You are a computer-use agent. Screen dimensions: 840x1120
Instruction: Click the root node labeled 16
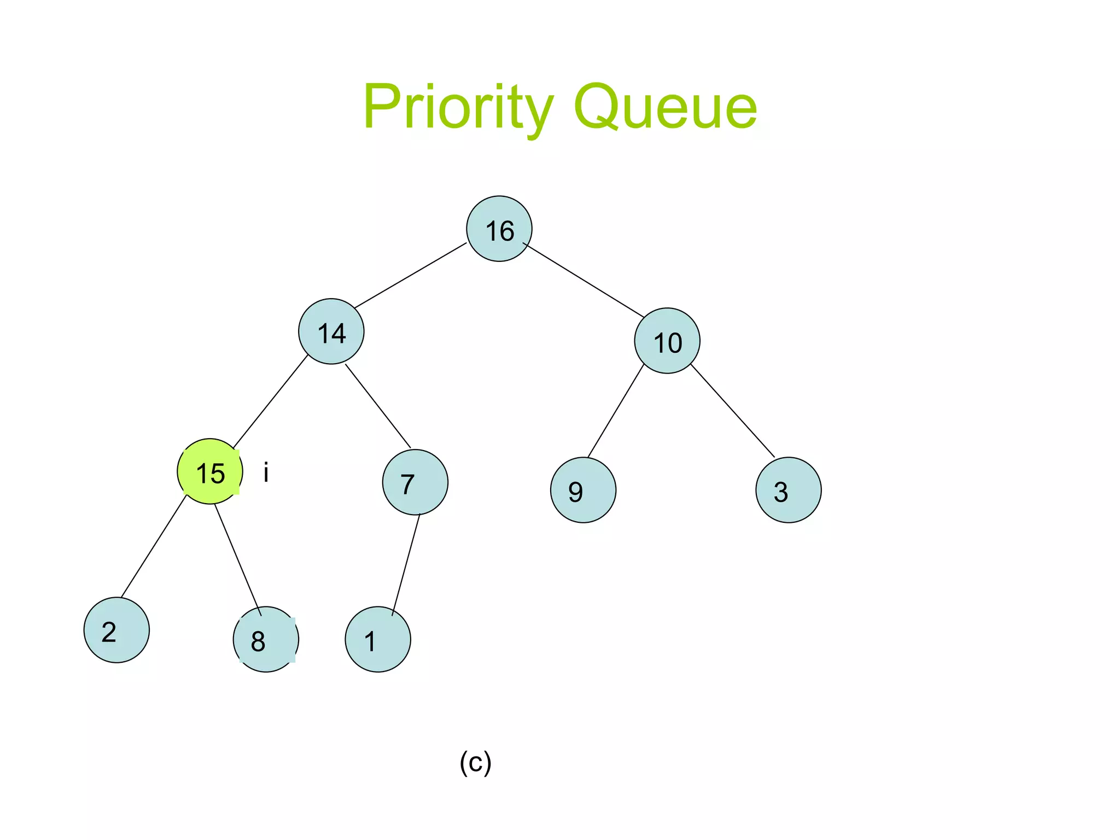click(499, 229)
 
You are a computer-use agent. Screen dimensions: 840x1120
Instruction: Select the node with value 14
click(331, 331)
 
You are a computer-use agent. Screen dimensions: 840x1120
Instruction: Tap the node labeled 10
click(667, 341)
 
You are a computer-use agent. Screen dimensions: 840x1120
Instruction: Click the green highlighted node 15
click(210, 471)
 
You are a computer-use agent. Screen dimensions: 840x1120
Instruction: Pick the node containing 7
click(415, 482)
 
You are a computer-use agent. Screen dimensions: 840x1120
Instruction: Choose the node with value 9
click(583, 490)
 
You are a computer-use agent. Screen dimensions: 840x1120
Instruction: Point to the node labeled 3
click(788, 490)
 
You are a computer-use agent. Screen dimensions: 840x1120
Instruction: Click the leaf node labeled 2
click(116, 630)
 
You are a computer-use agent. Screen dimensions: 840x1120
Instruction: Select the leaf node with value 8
click(266, 639)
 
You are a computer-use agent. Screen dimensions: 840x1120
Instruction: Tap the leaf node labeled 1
click(378, 639)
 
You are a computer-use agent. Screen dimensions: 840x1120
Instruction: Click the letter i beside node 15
click(266, 472)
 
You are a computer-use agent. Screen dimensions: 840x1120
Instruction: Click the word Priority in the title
click(458, 107)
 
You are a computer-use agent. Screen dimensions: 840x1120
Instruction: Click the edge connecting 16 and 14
click(410, 275)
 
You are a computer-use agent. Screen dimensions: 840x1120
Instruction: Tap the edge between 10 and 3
click(733, 410)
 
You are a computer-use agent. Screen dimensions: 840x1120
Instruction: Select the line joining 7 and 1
click(406, 565)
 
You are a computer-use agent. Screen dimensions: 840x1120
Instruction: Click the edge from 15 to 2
click(154, 546)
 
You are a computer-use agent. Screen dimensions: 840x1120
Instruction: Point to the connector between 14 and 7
click(378, 406)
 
